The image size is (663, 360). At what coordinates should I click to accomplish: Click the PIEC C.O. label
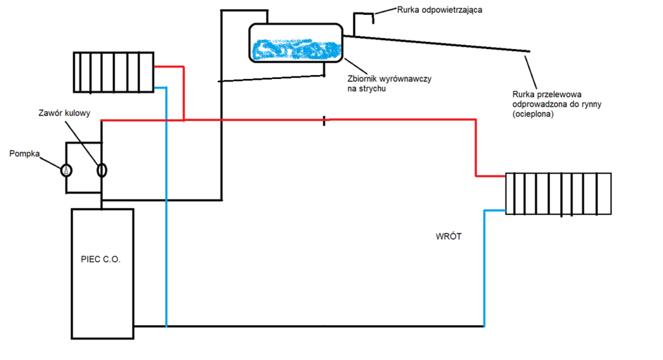pyautogui.click(x=103, y=259)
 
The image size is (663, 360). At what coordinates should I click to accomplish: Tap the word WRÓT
pyautogui.click(x=449, y=237)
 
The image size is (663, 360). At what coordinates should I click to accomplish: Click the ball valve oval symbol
pyautogui.click(x=102, y=170)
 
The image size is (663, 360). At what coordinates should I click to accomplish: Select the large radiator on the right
pyautogui.click(x=558, y=193)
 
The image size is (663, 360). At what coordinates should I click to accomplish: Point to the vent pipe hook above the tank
pyautogui.click(x=364, y=17)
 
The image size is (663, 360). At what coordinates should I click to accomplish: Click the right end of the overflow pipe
pyautogui.click(x=529, y=51)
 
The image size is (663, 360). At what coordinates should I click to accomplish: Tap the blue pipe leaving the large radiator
pyautogui.click(x=495, y=210)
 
